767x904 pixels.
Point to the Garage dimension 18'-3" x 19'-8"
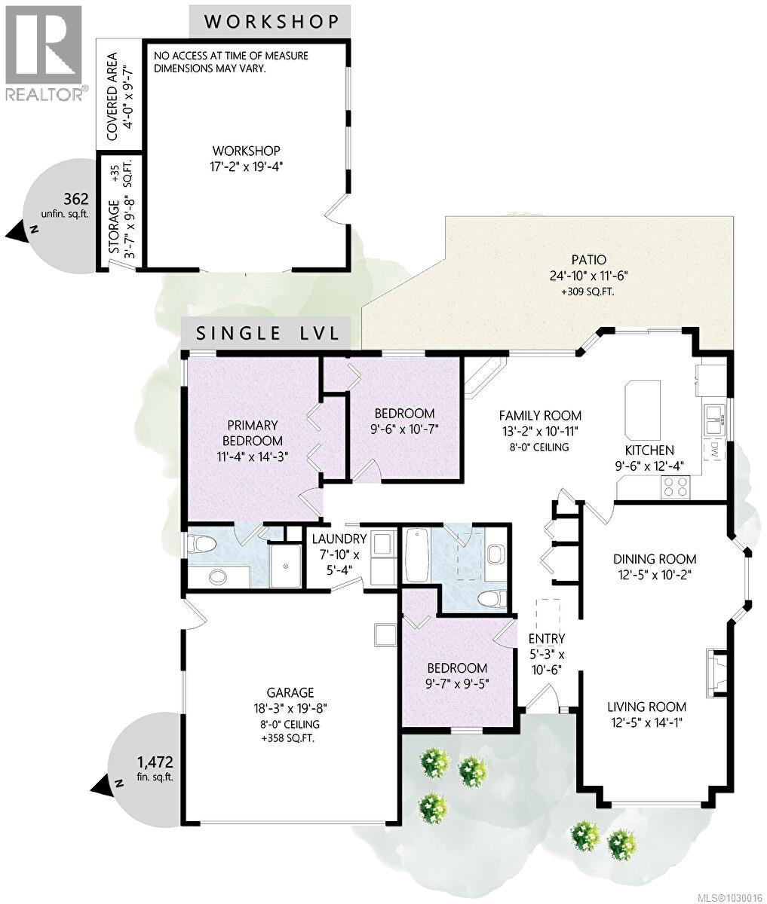pos(290,708)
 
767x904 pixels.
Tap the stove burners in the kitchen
pos(674,487)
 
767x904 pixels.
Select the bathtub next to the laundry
pos(416,555)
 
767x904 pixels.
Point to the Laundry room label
pos(339,539)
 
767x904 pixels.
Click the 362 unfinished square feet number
pos(76,200)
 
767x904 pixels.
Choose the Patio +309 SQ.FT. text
pos(588,291)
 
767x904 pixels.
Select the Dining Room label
pos(654,559)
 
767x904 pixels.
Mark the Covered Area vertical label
pos(112,96)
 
